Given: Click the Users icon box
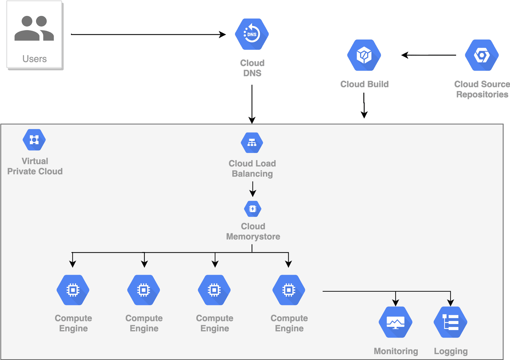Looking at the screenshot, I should (x=34, y=34).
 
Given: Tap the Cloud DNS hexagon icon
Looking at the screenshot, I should (x=252, y=34).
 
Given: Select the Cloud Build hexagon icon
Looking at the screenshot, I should (x=364, y=55).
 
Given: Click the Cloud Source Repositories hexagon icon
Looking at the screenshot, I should (x=482, y=55).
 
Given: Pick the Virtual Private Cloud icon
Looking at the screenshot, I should (x=34, y=140).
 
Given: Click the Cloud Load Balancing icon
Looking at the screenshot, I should (x=252, y=143).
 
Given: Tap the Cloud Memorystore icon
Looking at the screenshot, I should (x=252, y=209).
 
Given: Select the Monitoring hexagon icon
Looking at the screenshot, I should (x=396, y=322).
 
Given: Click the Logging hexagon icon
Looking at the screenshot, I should (x=450, y=322).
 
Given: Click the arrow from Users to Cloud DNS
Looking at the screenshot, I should (x=147, y=35).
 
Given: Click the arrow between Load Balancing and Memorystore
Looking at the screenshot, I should (x=253, y=189).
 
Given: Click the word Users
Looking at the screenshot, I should (x=35, y=59).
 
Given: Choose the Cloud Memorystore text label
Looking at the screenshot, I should (x=253, y=231).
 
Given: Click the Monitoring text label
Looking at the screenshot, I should (x=396, y=351).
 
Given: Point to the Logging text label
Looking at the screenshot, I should (x=451, y=351).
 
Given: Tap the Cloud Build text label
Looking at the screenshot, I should (x=364, y=84).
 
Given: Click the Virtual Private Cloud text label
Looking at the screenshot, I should (x=35, y=166).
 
